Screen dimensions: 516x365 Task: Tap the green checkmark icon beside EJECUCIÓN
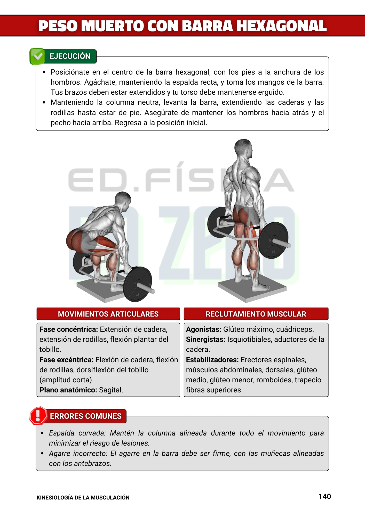coord(37,56)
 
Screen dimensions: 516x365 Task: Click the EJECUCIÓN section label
coord(70,56)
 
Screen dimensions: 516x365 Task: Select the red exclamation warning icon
coord(38,416)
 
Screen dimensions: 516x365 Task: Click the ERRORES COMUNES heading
coord(85,416)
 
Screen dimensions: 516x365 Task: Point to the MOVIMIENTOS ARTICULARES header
coord(108,314)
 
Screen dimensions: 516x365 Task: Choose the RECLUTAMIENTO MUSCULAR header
coord(256,314)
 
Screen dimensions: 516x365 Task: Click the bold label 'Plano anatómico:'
coord(68,390)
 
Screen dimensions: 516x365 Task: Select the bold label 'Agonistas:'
coord(204,329)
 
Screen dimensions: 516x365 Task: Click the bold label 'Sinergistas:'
coord(206,340)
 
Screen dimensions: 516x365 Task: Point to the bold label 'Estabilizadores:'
coord(212,360)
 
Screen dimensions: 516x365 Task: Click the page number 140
coord(324,497)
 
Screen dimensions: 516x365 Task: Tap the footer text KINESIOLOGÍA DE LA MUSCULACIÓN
coord(83,498)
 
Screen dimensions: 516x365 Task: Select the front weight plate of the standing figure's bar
coord(273,240)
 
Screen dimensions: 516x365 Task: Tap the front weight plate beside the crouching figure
coord(138,284)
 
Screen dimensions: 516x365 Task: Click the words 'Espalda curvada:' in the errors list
coord(77,433)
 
